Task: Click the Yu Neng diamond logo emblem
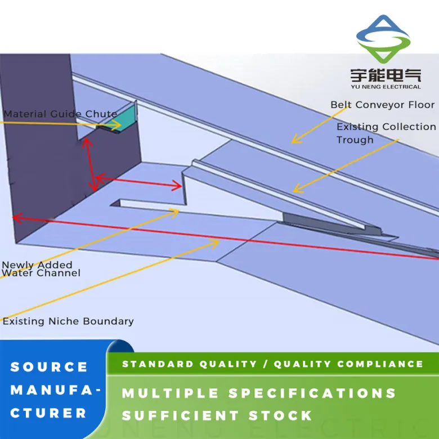point(383,39)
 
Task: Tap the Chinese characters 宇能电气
point(386,75)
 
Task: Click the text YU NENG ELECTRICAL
point(386,87)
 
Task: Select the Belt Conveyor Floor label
point(383,105)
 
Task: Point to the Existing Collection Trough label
point(386,133)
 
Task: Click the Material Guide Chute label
point(60,114)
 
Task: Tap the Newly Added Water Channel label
point(41,269)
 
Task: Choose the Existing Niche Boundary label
point(68,321)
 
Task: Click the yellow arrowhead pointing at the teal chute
point(117,124)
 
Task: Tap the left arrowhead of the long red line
point(16,218)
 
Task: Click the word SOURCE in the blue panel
point(49,367)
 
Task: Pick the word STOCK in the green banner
point(280,415)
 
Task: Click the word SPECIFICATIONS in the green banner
point(312,393)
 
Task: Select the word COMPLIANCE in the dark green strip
point(380,364)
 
